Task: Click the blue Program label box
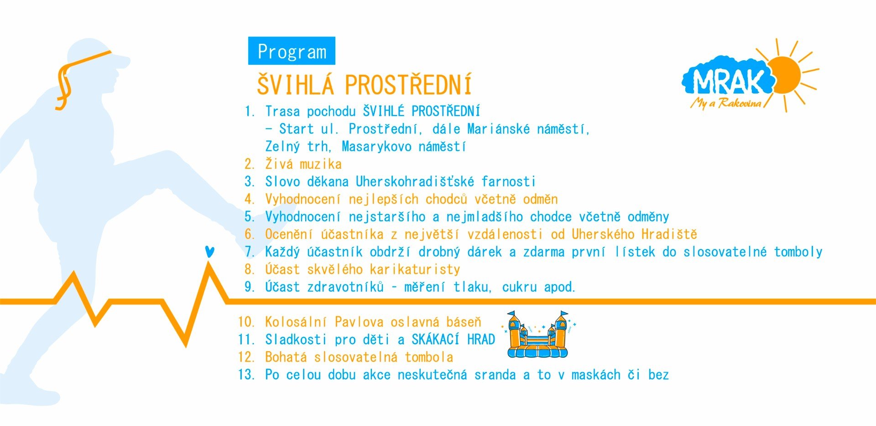[x=292, y=51]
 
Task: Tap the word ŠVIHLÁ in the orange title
[x=295, y=85]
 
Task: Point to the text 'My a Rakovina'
[x=726, y=103]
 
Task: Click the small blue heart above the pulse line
[x=209, y=252]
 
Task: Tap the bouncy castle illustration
[x=538, y=334]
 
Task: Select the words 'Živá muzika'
[x=303, y=164]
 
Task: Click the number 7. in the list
[x=250, y=252]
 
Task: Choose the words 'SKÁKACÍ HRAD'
[x=453, y=339]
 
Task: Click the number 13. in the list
[x=246, y=375]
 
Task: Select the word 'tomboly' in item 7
[x=798, y=252]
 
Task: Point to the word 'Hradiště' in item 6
[x=669, y=234]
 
